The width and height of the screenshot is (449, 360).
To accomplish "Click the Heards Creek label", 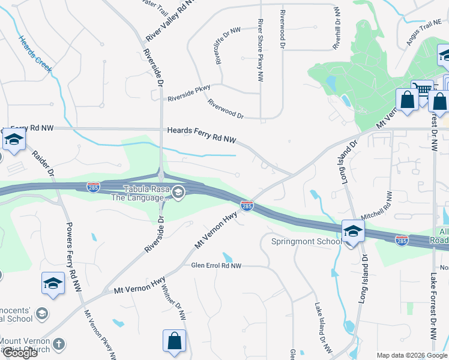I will click(x=35, y=52).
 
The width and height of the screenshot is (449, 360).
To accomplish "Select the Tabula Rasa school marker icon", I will click(x=178, y=193).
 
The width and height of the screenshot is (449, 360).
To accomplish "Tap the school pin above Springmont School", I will click(x=352, y=231).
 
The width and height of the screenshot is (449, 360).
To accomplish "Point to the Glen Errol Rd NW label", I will click(x=216, y=265).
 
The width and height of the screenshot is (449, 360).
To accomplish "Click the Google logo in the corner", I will click(x=20, y=353).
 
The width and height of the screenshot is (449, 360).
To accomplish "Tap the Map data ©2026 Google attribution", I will click(x=411, y=355).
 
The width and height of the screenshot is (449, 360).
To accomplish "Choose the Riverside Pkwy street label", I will click(x=189, y=93).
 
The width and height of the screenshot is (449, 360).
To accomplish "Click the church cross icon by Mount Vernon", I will click(x=58, y=344).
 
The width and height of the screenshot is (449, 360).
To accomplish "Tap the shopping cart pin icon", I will click(x=423, y=89).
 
